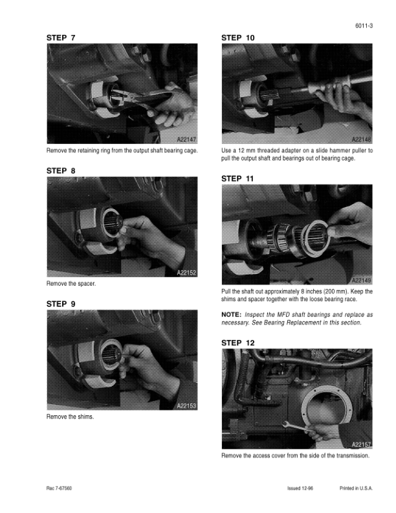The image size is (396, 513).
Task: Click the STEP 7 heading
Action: [61, 38]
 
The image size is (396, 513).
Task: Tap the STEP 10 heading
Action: [238, 38]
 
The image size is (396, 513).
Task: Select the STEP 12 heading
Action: [238, 343]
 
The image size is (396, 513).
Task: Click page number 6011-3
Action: [364, 26]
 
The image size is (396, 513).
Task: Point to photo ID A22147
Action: [186, 139]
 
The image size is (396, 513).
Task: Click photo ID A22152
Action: [186, 273]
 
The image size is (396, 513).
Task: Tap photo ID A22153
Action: [186, 405]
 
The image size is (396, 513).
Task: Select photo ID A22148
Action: [361, 139]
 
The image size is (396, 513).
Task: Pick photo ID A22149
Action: [361, 280]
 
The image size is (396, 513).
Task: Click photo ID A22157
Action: [361, 444]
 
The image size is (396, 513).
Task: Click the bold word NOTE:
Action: [232, 315]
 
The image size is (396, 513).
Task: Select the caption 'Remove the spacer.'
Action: [71, 284]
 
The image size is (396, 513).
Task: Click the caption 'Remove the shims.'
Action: [71, 417]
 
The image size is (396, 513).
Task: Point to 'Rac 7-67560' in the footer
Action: [59, 488]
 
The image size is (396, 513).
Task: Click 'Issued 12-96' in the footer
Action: [300, 488]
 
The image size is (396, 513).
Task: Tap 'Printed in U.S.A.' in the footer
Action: [356, 488]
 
